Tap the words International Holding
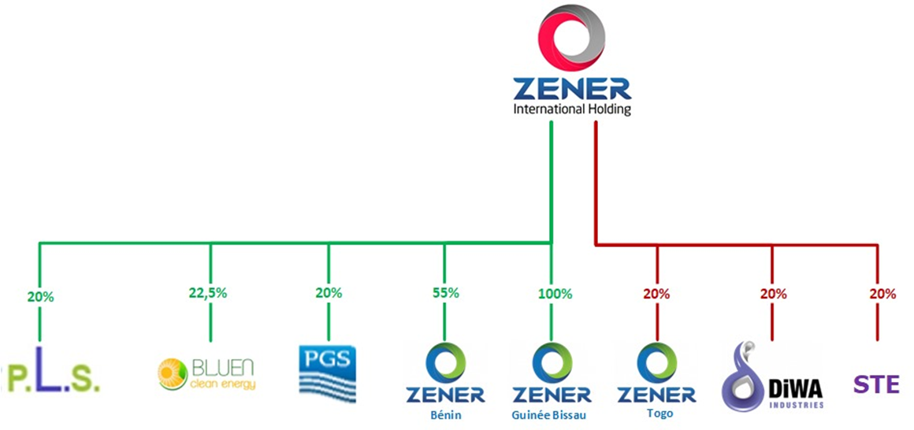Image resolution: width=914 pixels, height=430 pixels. [x=571, y=109]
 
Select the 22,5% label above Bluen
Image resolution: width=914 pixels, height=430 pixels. [x=210, y=293]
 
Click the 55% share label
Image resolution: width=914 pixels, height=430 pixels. [x=445, y=293]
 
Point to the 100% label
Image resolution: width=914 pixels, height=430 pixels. [x=555, y=294]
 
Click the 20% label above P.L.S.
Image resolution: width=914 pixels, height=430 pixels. [x=40, y=297]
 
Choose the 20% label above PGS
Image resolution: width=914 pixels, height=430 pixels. [x=329, y=293]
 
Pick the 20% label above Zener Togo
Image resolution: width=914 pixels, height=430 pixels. [x=656, y=294]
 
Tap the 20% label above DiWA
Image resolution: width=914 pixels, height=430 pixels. [x=773, y=294]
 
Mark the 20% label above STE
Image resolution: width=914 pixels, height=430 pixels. [x=882, y=294]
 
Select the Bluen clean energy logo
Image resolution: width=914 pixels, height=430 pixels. [x=207, y=374]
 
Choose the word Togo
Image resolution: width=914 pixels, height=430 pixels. [x=656, y=413]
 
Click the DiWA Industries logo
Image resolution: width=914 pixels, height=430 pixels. [x=772, y=378]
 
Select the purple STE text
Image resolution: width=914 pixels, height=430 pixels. [x=876, y=385]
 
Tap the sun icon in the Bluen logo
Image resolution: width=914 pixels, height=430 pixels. [x=171, y=374]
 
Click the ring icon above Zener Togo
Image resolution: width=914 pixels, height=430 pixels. [x=656, y=361]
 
